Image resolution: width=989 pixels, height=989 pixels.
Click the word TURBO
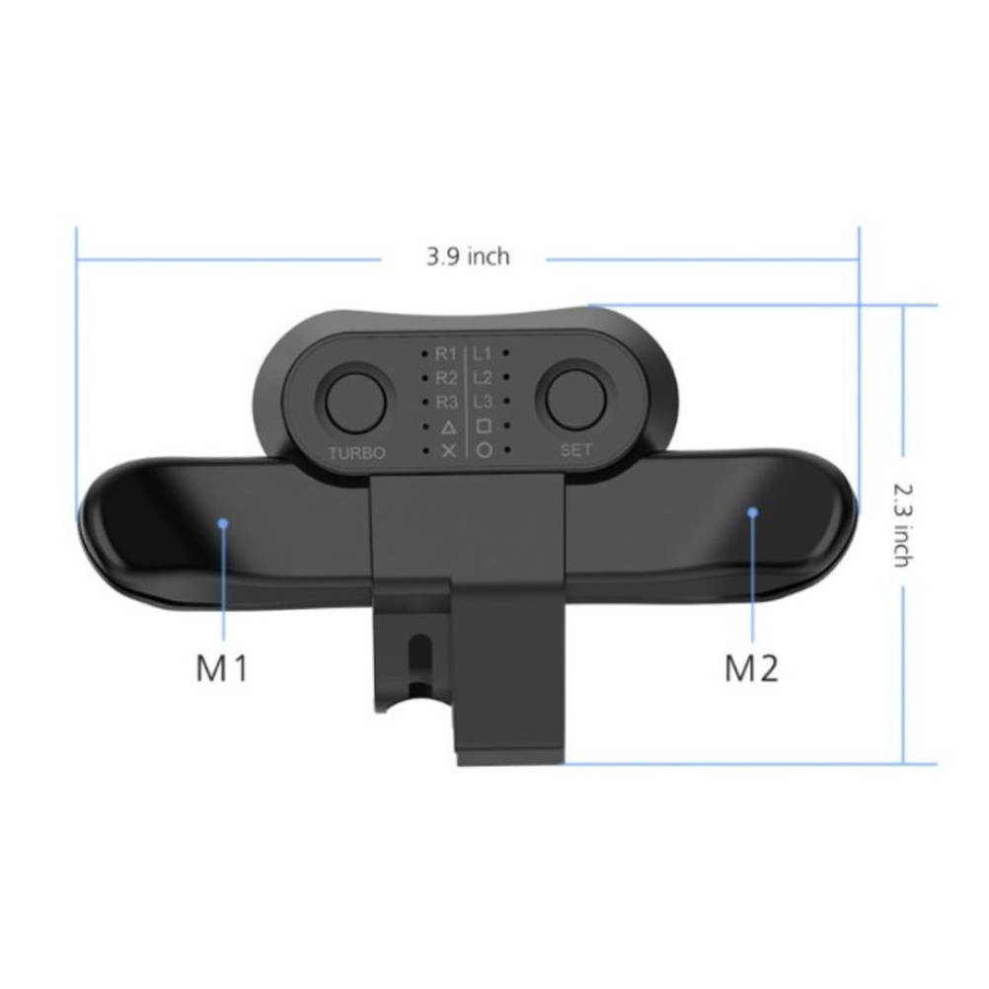[x=356, y=453]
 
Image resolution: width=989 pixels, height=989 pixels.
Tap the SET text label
[x=575, y=450]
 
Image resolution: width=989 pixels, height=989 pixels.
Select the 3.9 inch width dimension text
[x=468, y=257]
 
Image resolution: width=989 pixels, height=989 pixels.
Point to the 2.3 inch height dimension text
[x=903, y=525]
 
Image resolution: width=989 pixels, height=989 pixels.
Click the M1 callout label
[x=222, y=668]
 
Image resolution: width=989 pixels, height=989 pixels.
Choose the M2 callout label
[x=750, y=668]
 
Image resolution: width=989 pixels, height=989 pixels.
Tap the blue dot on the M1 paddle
[x=223, y=523]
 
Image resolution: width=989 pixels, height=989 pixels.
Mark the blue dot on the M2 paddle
[x=752, y=512]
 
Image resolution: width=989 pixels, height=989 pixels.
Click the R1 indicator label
[x=446, y=354]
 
